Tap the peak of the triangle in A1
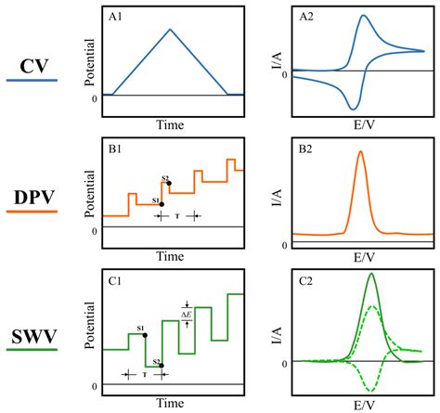(x=170, y=29)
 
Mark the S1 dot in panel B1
(x=161, y=203)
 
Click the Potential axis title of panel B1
(x=90, y=192)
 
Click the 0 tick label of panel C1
(x=94, y=385)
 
